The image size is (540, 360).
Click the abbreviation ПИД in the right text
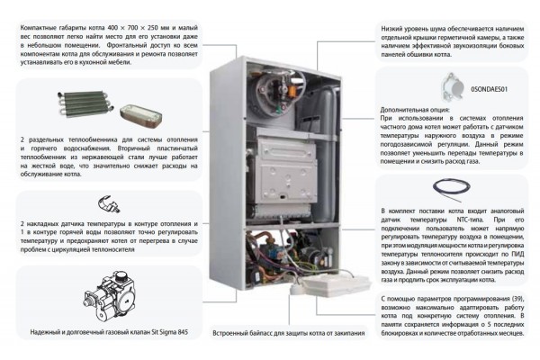[496, 252]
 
